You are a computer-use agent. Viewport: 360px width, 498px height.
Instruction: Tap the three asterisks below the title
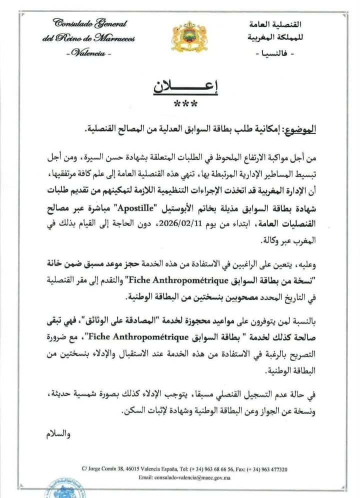point(185,104)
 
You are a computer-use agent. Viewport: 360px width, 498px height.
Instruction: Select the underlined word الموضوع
point(299,130)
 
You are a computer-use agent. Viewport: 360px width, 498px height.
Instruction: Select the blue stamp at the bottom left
point(62,490)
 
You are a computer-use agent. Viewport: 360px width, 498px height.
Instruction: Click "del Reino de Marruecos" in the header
point(88,39)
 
